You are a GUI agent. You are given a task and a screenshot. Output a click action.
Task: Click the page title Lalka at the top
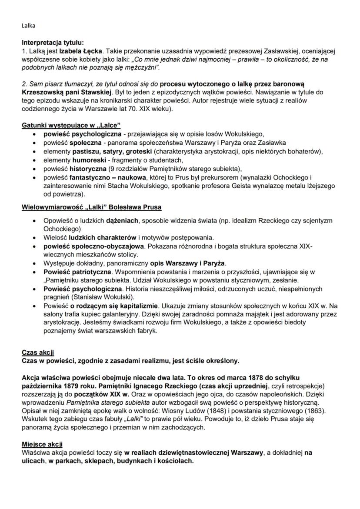tap(28, 26)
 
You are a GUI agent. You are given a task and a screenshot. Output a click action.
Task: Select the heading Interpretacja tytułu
tap(53, 43)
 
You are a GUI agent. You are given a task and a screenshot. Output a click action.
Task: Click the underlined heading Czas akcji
tap(38, 352)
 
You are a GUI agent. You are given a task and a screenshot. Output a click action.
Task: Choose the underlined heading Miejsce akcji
tap(42, 444)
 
